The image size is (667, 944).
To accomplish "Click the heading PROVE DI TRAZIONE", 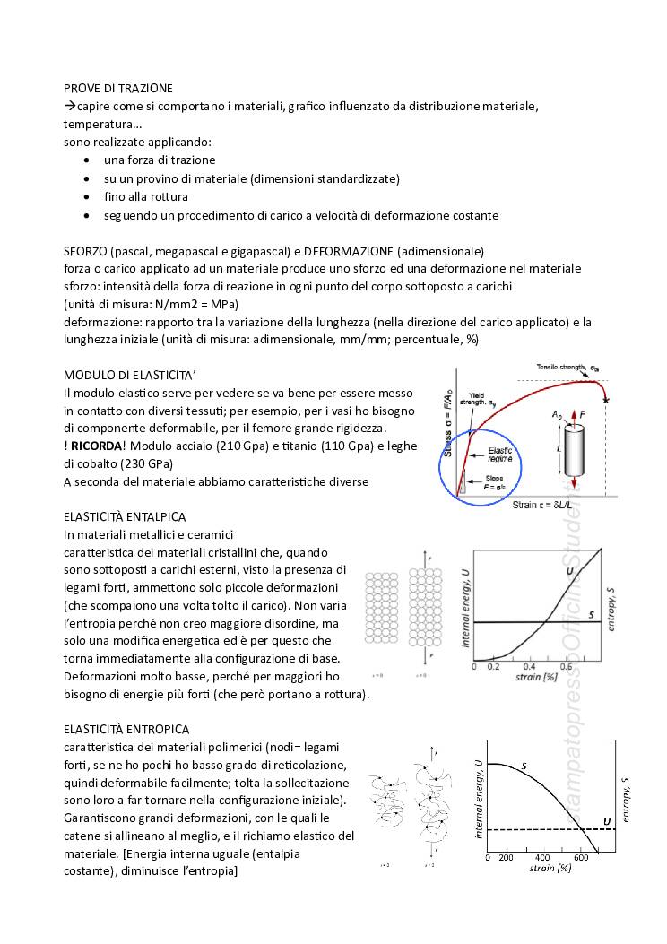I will pyautogui.click(x=118, y=88).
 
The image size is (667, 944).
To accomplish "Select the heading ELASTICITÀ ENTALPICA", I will pyautogui.click(x=125, y=516).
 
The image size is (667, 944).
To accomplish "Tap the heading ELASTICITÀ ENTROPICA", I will pyautogui.click(x=126, y=730).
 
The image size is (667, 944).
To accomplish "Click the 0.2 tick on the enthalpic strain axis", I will pyautogui.click(x=492, y=667).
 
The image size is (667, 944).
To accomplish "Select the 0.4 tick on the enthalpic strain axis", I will pyautogui.click(x=528, y=667).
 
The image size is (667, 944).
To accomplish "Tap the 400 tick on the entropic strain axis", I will pyautogui.click(x=542, y=857).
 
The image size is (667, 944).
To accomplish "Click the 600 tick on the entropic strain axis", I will pyautogui.click(x=581, y=857).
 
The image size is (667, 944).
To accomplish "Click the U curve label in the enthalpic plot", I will pyautogui.click(x=569, y=572).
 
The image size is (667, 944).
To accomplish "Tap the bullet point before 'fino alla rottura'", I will pyautogui.click(x=85, y=196).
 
